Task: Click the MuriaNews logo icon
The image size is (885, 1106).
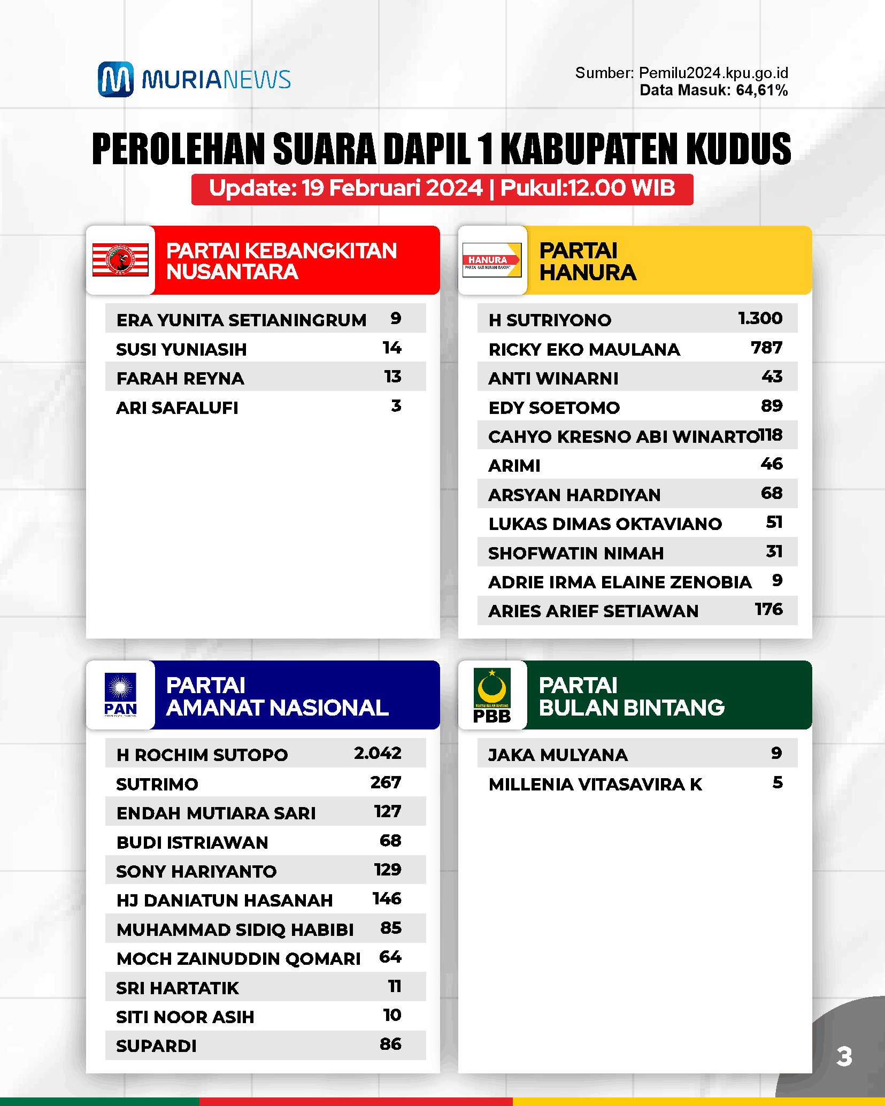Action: point(116,79)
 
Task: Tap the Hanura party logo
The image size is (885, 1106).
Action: point(491,260)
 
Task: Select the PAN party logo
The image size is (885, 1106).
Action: point(120,694)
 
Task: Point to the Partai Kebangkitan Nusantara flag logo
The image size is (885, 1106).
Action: point(120,260)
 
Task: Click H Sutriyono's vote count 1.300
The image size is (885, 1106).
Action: point(760,319)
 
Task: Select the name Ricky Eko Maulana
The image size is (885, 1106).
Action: point(584,349)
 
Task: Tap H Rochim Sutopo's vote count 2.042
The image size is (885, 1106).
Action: point(378,754)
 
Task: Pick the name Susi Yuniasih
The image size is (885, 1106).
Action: point(181,349)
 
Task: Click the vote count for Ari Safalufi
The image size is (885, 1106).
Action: point(396,406)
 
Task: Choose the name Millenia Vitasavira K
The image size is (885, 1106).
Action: point(595,784)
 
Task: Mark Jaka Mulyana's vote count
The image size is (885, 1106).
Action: point(776,754)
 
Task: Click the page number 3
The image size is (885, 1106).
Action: point(844,1057)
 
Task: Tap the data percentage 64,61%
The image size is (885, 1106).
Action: point(761,90)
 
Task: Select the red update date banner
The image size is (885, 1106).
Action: point(442,189)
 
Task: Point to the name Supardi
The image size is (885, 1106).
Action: point(156,1046)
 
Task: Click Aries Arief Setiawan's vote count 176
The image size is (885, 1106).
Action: point(768,610)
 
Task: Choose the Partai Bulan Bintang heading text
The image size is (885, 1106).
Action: point(632,696)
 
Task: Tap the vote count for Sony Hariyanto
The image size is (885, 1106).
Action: point(388,870)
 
